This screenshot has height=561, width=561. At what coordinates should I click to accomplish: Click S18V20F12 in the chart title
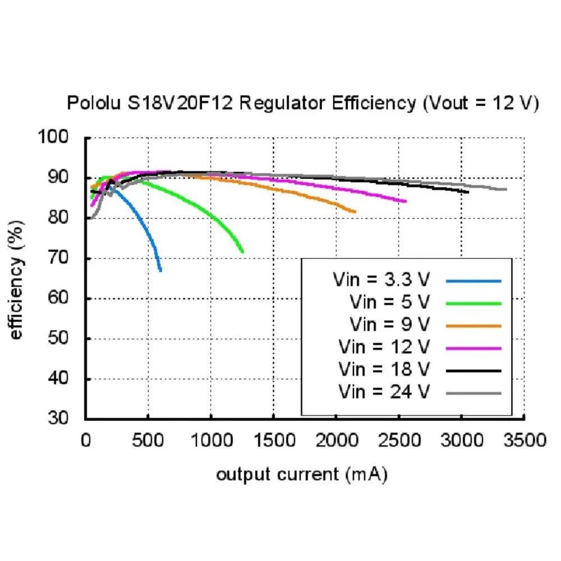pos(183,104)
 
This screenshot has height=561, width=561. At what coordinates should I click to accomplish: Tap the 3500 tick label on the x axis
pos(524,439)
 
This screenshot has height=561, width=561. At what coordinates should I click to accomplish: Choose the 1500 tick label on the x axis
pos(273,439)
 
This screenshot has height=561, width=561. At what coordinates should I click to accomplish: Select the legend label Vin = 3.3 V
pos(381,279)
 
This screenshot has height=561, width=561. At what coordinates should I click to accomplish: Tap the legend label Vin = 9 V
pos(390,324)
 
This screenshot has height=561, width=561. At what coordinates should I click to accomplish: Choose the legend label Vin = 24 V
pos(384,392)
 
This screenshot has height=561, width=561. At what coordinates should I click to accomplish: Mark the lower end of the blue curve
pos(161,271)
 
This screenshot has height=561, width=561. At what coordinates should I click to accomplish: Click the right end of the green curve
pos(243,252)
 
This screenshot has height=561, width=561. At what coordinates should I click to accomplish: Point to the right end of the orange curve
pos(356,211)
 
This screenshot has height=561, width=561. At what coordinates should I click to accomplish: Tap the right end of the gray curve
pos(507,189)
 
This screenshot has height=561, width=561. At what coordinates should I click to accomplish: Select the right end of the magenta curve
pos(406,201)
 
